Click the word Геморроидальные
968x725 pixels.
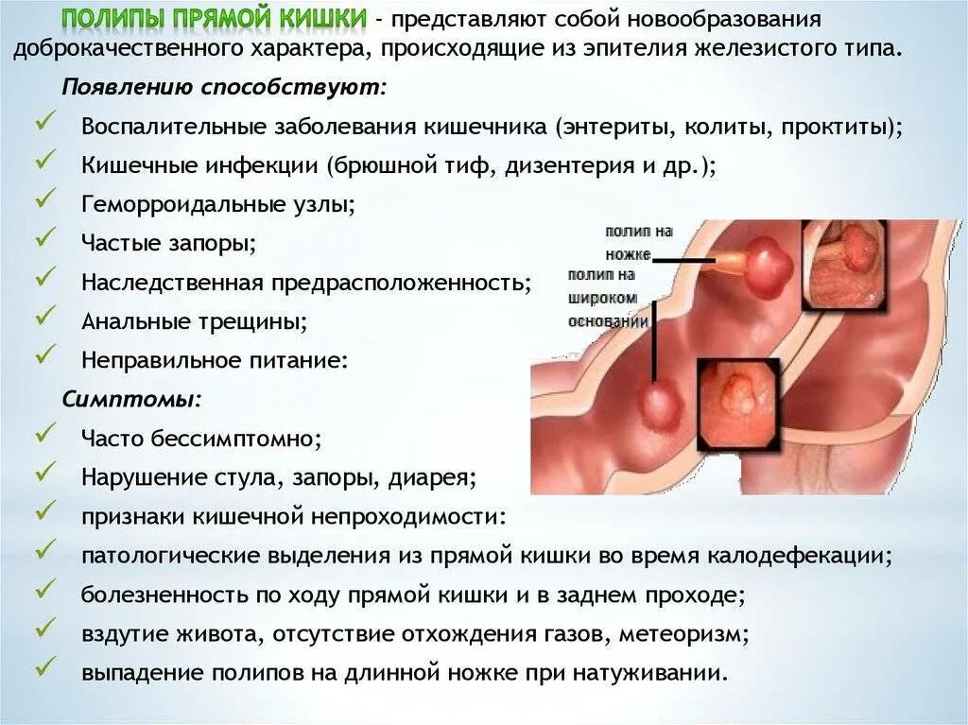[166, 203]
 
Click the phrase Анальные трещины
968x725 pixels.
[194, 321]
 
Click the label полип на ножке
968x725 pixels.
[639, 242]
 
